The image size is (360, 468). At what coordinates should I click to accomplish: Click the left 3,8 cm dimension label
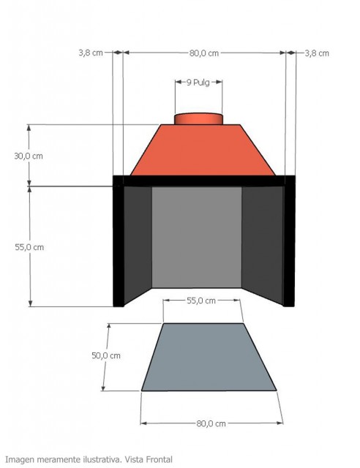[90, 53]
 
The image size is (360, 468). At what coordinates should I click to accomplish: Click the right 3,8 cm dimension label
[316, 53]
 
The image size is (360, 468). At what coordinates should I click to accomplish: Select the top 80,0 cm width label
[204, 53]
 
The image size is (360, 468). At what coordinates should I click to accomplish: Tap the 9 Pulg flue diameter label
[198, 83]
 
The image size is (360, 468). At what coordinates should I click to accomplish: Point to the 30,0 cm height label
[29, 156]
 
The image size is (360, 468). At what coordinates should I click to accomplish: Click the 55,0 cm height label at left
[29, 247]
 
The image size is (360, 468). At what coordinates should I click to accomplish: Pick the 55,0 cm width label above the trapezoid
[201, 301]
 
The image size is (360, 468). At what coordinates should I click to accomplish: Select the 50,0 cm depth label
[105, 355]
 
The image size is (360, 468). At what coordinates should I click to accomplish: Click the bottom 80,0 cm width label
[209, 423]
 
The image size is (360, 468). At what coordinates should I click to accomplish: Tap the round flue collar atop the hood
[198, 118]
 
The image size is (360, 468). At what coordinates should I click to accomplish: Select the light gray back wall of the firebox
[196, 237]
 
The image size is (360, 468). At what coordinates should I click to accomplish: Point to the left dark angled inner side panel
[138, 241]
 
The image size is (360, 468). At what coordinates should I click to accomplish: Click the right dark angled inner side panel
[262, 241]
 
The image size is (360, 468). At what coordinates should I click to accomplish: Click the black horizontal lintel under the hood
[203, 181]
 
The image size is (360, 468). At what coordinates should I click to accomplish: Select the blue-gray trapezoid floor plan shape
[209, 358]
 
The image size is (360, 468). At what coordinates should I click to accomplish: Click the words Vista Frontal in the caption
[149, 459]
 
